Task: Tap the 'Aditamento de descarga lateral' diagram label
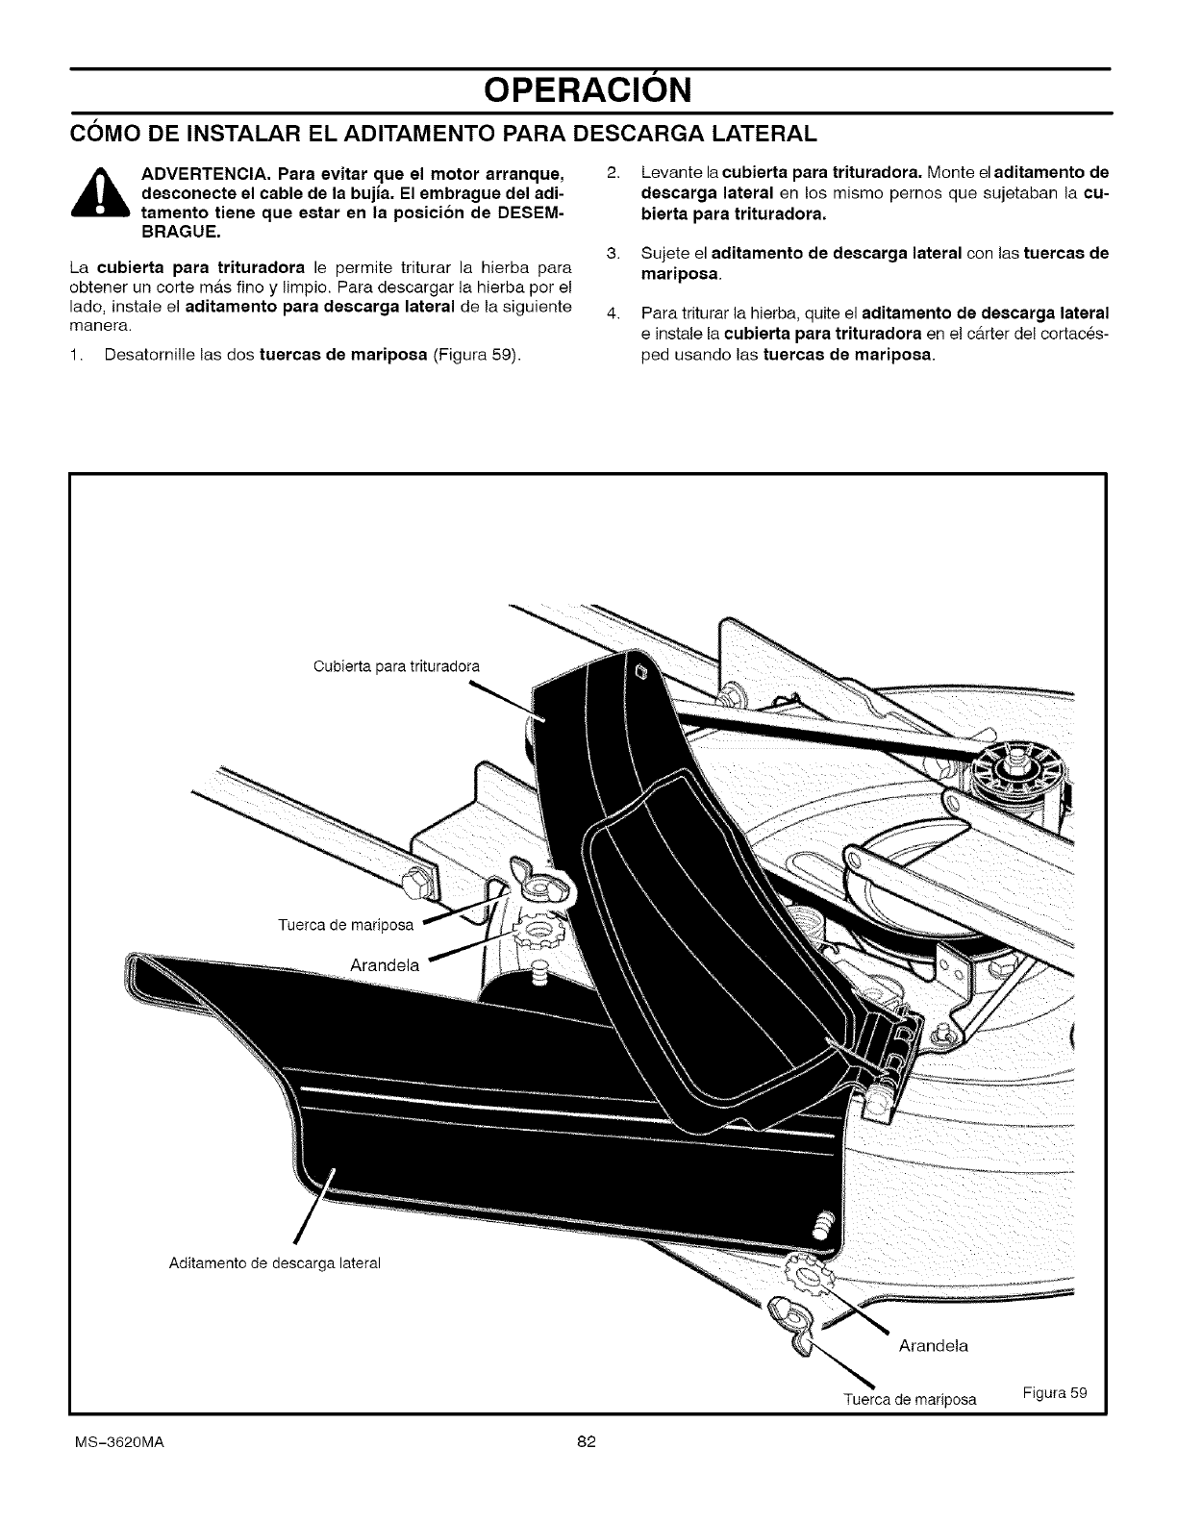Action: point(263,1261)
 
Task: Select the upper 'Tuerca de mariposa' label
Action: point(344,926)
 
